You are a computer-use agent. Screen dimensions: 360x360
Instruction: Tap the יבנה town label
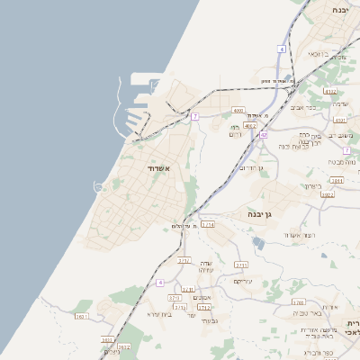point(339,9)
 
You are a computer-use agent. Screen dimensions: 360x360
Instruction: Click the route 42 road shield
point(264,134)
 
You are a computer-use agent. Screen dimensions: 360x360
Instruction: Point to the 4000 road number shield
point(238,111)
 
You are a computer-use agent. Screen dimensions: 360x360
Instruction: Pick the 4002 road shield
point(250,126)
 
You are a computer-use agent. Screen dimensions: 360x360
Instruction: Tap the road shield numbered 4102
point(329,91)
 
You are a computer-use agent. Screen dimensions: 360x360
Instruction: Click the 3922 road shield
point(328,194)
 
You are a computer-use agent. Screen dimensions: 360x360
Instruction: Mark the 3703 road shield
point(175,297)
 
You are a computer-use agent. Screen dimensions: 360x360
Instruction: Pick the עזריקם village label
point(242,281)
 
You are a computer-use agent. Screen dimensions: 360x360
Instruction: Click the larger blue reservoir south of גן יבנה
point(260,243)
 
